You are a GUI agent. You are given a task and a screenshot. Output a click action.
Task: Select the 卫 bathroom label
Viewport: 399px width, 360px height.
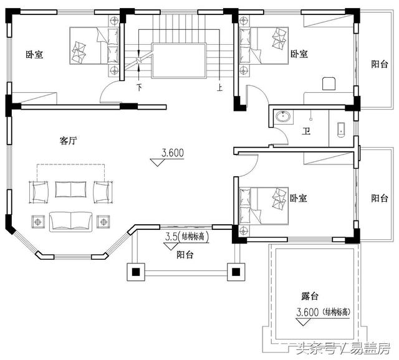click(306, 131)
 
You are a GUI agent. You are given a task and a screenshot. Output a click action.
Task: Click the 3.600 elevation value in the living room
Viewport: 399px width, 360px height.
click(173, 152)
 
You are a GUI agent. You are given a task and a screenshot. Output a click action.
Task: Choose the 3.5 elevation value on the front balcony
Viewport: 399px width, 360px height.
click(170, 237)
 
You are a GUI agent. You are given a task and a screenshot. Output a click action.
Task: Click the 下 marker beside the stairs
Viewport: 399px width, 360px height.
click(139, 88)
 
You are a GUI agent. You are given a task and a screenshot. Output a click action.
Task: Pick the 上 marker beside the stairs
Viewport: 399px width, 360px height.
click(219, 88)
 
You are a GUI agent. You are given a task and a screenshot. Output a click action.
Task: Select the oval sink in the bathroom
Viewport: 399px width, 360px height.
click(285, 116)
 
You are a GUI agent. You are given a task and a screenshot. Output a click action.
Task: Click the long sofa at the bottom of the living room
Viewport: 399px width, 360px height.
click(70, 220)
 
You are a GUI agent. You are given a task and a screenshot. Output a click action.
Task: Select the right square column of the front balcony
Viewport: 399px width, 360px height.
click(236, 272)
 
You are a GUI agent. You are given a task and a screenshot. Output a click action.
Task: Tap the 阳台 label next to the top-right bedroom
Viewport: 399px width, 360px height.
click(379, 64)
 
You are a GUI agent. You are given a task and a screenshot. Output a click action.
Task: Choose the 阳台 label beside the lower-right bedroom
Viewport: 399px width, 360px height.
click(379, 198)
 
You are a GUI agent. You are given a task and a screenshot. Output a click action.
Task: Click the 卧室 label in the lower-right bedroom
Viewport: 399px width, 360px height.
click(299, 198)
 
